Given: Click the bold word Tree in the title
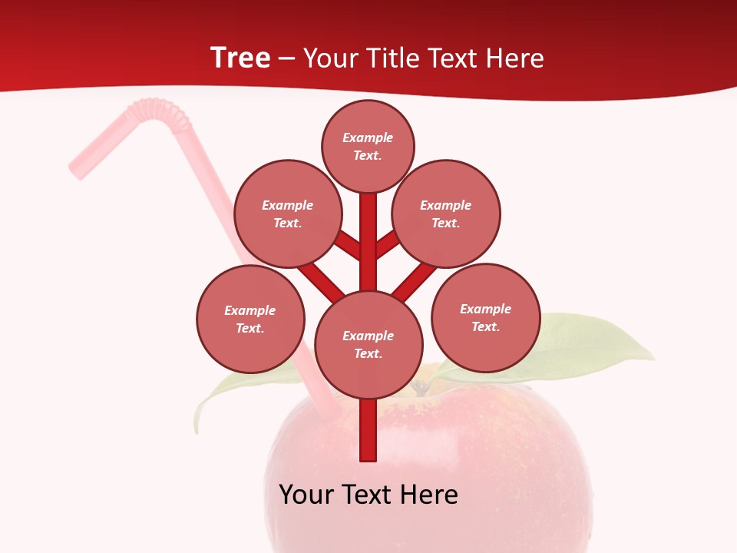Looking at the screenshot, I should [240, 58].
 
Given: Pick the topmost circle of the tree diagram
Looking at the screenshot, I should [368, 146].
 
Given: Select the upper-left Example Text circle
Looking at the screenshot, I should [287, 214].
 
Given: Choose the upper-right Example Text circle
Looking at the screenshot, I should [445, 214].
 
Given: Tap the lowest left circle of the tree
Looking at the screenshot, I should [250, 319].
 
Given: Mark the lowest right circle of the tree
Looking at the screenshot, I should [485, 317].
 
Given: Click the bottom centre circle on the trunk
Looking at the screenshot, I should [368, 344].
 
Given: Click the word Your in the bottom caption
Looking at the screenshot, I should [307, 495].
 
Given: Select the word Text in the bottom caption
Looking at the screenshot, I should [368, 495].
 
